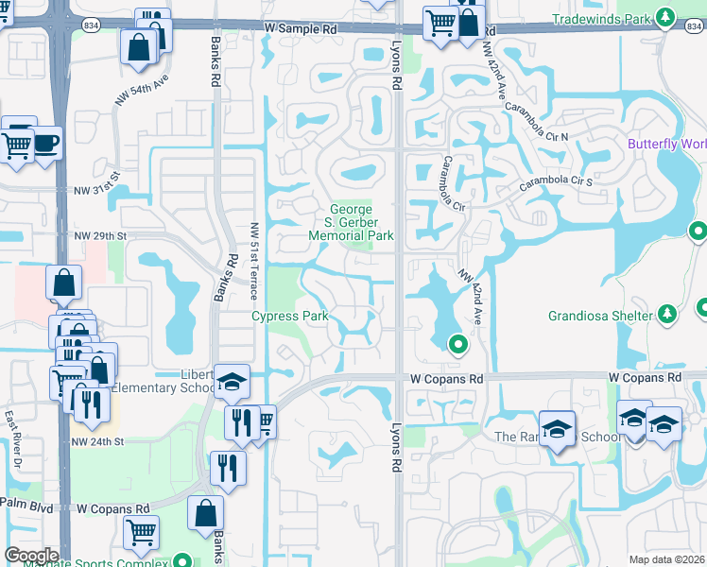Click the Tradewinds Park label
603,18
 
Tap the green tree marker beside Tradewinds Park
666,17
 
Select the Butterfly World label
667,145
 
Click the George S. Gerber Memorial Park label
352,222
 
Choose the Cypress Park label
289,317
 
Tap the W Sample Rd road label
301,29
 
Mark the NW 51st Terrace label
253,252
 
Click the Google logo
31,555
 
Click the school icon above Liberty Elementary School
232,383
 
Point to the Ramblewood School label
558,437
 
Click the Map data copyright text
666,559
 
